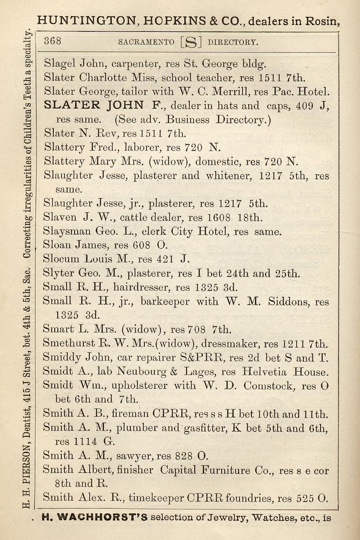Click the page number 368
(52, 41)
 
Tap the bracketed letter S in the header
(191, 42)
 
